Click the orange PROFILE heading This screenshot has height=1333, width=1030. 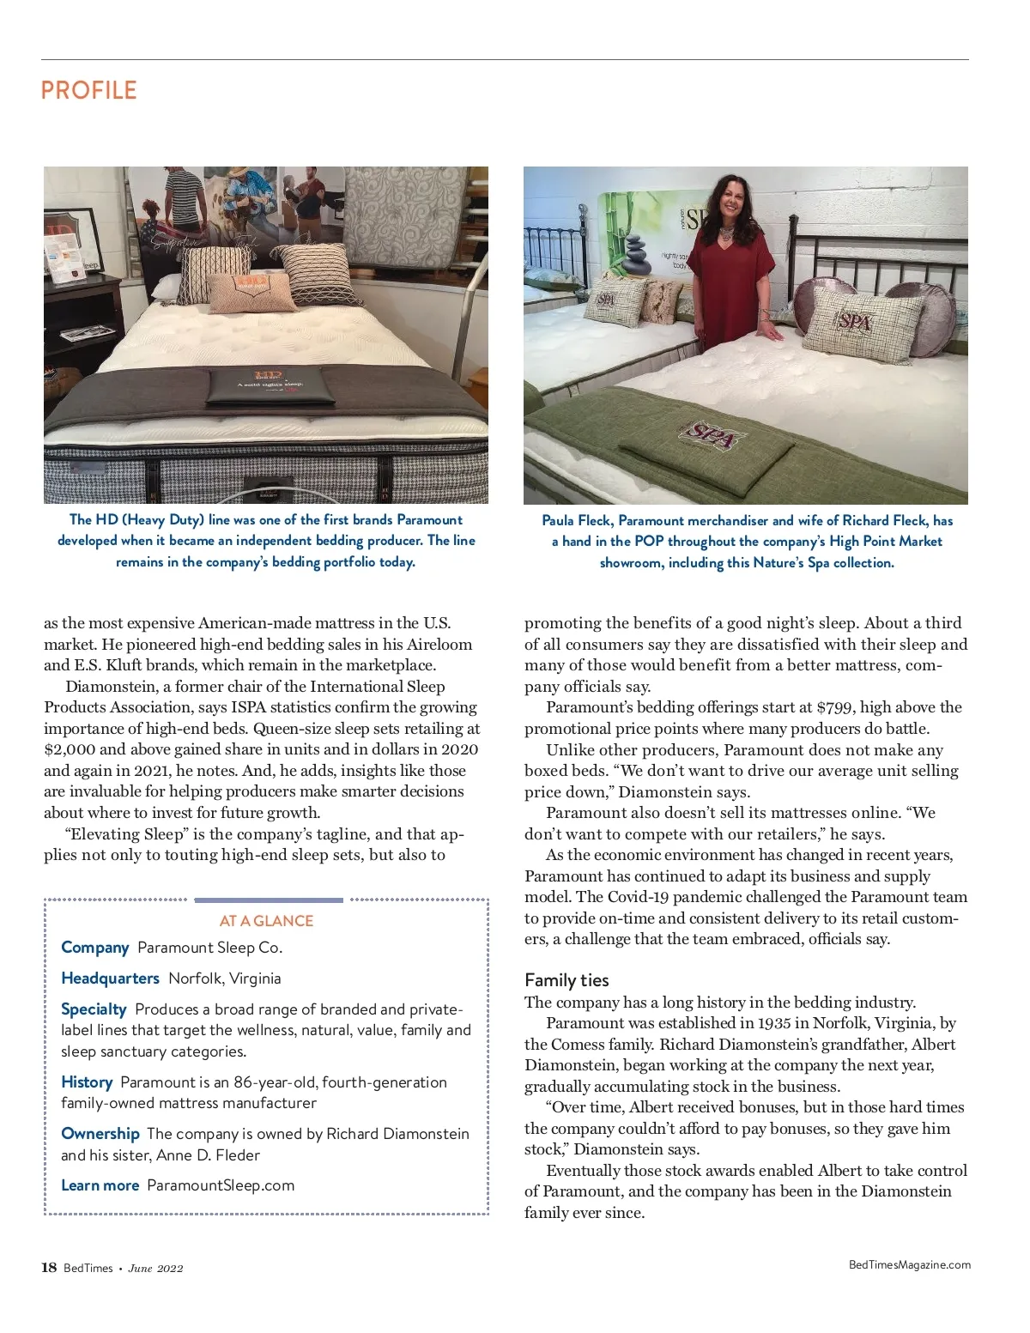(88, 91)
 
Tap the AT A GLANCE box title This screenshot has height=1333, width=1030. (266, 921)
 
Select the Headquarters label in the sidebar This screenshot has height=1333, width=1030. (110, 979)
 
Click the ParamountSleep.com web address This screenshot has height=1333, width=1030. (221, 1185)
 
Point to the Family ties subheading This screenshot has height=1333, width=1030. (566, 980)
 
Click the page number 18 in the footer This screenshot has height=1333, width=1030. (49, 1268)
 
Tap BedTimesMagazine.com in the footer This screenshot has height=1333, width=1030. (909, 1264)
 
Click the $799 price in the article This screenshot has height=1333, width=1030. (833, 708)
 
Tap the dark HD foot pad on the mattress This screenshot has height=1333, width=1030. (267, 388)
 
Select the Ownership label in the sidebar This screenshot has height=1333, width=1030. (100, 1134)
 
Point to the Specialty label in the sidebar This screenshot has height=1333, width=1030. (94, 1009)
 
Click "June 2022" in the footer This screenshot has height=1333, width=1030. (155, 1269)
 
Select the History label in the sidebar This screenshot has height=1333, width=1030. (87, 1082)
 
